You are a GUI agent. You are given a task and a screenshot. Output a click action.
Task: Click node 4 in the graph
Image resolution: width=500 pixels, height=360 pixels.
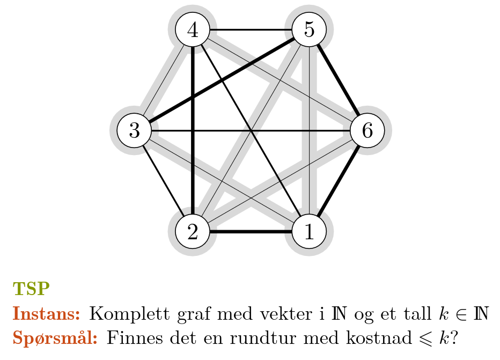(x=192, y=29)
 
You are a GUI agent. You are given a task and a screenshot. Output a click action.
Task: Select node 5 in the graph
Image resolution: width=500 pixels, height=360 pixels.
(x=309, y=29)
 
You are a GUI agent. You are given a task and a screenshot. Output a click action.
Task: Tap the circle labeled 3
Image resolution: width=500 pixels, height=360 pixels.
(x=134, y=130)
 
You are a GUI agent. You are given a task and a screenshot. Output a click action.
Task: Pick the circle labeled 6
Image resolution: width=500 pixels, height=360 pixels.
(x=367, y=130)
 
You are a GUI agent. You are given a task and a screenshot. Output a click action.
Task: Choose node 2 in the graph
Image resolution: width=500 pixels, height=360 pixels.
(x=192, y=232)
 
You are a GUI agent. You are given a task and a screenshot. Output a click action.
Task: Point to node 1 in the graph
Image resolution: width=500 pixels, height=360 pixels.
(x=309, y=232)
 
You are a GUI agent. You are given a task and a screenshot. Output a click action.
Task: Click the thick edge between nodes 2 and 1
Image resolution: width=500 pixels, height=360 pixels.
(x=251, y=232)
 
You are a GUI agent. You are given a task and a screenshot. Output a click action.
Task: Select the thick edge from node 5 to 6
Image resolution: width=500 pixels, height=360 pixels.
(x=339, y=80)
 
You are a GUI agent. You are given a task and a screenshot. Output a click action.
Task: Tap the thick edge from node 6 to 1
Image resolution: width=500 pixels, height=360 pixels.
(x=339, y=181)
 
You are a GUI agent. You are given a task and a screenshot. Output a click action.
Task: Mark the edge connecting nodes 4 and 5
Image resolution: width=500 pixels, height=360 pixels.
(x=251, y=29)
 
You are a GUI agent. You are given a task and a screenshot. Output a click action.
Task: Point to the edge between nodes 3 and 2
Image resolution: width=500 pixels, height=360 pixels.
(x=163, y=181)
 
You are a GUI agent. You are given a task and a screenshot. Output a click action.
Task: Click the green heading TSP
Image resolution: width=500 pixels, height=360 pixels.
(x=31, y=289)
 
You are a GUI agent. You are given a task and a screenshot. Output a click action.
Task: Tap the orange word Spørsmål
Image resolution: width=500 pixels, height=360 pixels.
(x=55, y=339)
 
